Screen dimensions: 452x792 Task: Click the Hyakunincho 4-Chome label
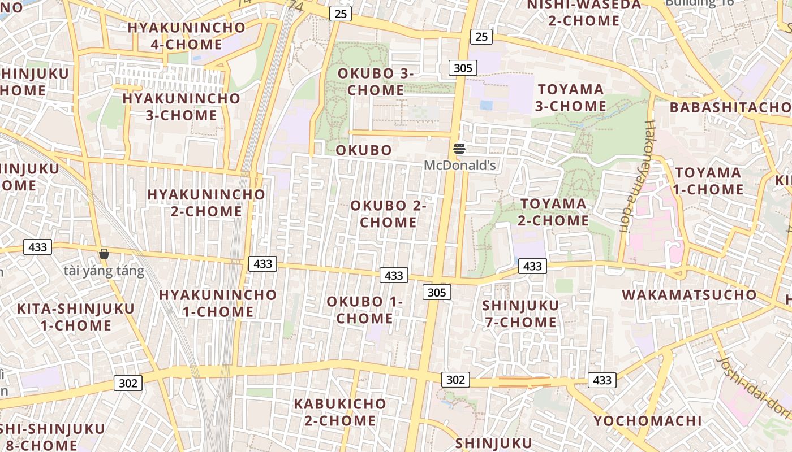(x=186, y=36)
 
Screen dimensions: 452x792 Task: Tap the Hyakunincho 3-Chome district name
(x=181, y=106)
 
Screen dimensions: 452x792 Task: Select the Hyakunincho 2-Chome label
(x=206, y=202)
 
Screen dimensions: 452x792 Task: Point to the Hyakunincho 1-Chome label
(x=218, y=303)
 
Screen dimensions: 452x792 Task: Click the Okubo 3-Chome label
(x=376, y=81)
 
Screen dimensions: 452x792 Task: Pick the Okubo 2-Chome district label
(x=388, y=214)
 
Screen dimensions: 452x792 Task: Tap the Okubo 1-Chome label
(x=365, y=310)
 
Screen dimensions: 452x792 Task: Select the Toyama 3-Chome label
(x=571, y=97)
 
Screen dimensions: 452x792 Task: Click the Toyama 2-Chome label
(x=553, y=211)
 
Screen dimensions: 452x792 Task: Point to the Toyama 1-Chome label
(x=708, y=181)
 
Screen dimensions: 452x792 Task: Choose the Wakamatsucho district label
(x=689, y=294)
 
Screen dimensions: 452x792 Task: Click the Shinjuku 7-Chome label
(x=520, y=314)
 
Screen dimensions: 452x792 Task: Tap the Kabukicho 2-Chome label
(x=340, y=412)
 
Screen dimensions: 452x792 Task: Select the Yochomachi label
(x=647, y=420)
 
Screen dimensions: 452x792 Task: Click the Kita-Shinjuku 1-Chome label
(x=76, y=317)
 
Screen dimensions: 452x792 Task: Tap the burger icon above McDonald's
(x=459, y=149)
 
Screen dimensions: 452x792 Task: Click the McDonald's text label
(x=460, y=166)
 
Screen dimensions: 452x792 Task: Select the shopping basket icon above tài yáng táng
(x=104, y=254)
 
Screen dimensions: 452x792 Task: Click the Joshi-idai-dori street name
(x=752, y=390)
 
